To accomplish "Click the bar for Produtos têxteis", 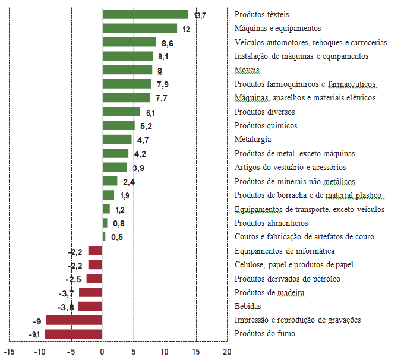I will [x=145, y=14].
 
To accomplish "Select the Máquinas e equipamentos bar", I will [x=140, y=28].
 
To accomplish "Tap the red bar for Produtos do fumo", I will [x=74, y=334].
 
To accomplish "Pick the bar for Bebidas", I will [x=90, y=307].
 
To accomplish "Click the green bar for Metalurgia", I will [x=117, y=140].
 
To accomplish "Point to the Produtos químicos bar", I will [x=119, y=125].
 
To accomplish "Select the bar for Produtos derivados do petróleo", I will [x=94, y=279].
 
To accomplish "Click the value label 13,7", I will [x=200, y=15].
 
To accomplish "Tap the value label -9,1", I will [x=34, y=334].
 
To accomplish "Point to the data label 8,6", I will [x=167, y=43].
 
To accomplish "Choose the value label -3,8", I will [x=65, y=307].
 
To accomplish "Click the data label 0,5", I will [x=117, y=237].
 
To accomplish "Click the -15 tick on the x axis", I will [x=8, y=351].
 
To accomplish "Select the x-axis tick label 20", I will [x=227, y=351].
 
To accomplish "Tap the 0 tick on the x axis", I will [x=102, y=351].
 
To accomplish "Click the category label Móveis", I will [x=247, y=70].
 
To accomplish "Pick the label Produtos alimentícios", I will [x=271, y=223].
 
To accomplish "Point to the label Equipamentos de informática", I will [x=284, y=251].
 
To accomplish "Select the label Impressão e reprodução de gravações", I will [x=298, y=320].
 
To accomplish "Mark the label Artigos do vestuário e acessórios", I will [x=290, y=168].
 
